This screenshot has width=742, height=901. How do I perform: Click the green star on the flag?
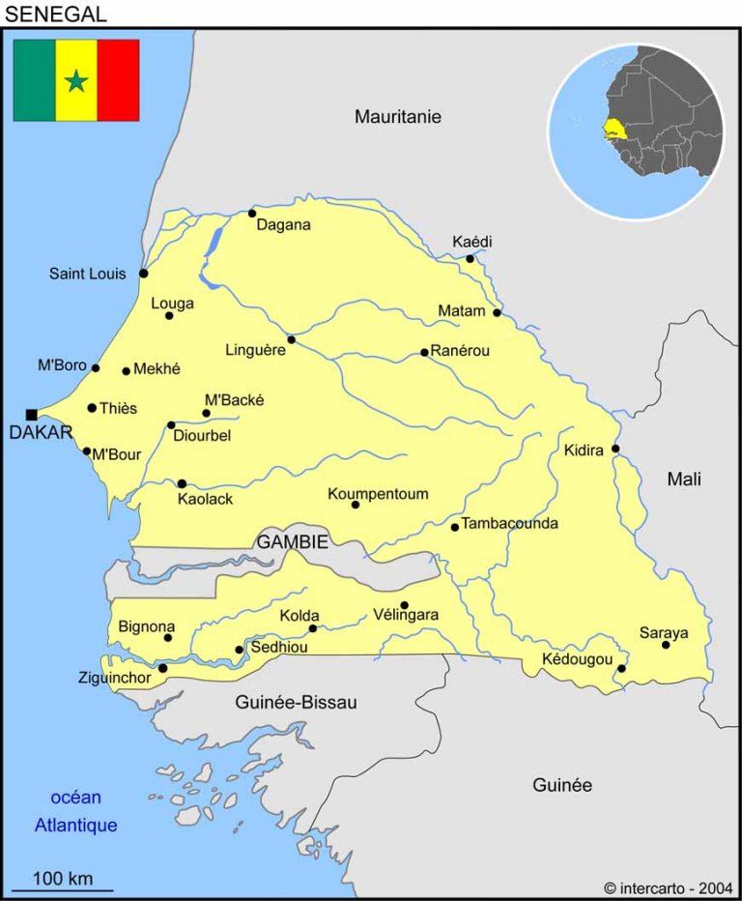76,81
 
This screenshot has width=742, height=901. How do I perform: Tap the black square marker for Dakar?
32,415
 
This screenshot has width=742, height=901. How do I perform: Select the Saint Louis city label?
88,275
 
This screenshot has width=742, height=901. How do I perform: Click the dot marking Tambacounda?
455,527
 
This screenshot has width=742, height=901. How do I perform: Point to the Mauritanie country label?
397,117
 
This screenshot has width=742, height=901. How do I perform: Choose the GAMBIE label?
292,542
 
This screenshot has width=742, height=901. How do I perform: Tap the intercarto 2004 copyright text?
668,887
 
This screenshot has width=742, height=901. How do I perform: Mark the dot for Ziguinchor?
162,668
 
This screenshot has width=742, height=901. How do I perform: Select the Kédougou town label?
577,659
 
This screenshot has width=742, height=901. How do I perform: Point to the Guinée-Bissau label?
296,703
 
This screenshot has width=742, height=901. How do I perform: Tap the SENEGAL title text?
56,14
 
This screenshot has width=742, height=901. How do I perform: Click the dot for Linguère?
291,339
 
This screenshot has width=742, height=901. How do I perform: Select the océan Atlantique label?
75,812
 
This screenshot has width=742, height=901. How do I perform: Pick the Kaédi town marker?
471,258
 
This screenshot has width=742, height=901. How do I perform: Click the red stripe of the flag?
118,80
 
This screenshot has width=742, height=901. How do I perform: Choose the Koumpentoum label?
378,494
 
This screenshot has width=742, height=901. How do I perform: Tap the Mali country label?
684,479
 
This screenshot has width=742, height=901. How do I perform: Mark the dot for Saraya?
666,645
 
